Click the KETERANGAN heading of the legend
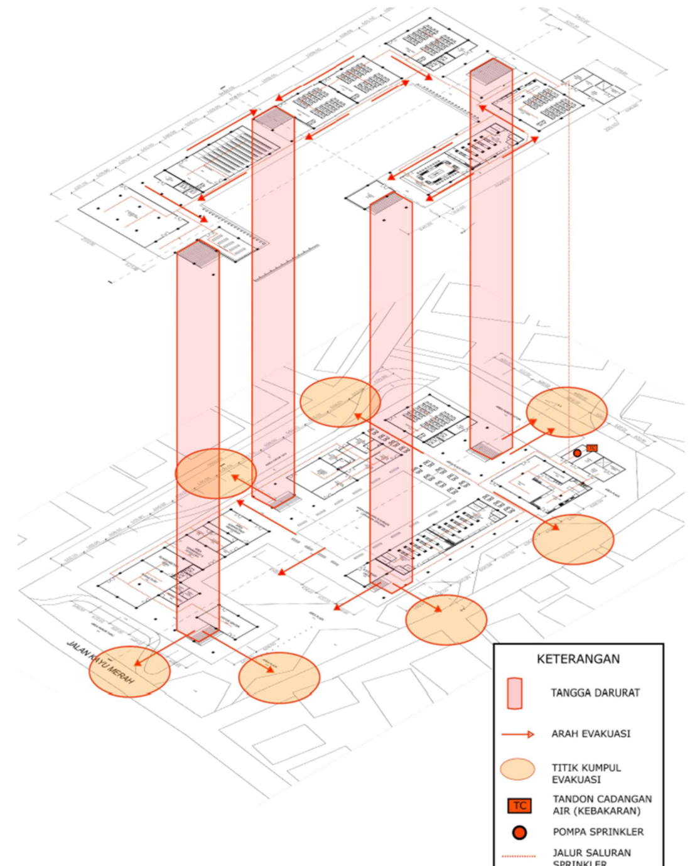point(578,659)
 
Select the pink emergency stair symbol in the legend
point(515,693)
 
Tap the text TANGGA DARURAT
point(595,693)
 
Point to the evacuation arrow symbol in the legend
point(518,734)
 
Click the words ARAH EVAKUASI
point(591,734)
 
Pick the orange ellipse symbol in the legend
point(517,769)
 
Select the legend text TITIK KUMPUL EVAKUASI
point(586,773)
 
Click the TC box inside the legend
point(520,806)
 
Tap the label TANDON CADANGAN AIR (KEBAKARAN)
point(601,805)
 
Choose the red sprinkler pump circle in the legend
point(519,832)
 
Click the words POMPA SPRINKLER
point(598,832)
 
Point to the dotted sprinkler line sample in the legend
point(519,856)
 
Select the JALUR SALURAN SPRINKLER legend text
point(591,857)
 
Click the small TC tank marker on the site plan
point(591,448)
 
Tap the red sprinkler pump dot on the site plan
point(577,453)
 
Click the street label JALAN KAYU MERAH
point(100,666)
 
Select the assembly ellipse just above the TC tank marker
point(567,411)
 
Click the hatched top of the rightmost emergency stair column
point(492,70)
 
